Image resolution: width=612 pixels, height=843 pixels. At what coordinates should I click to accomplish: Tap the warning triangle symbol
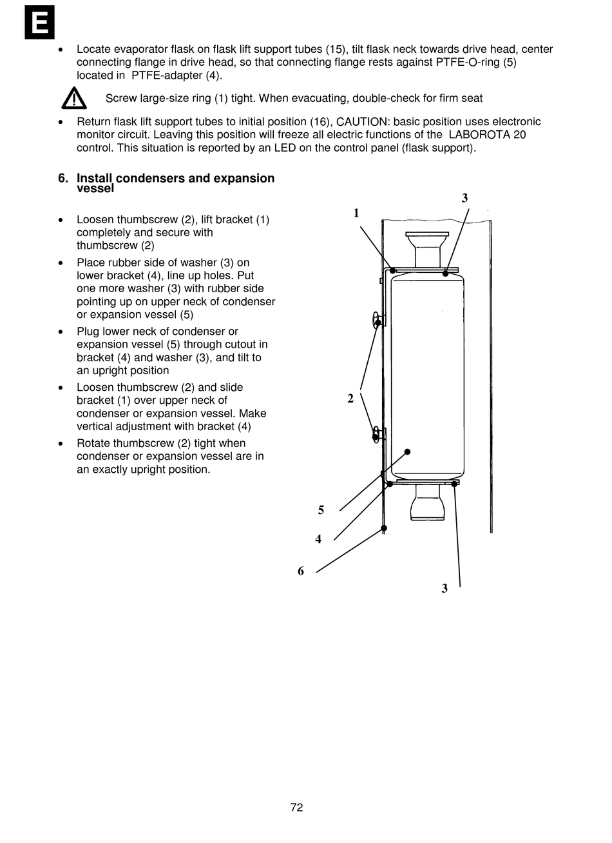pyautogui.click(x=74, y=98)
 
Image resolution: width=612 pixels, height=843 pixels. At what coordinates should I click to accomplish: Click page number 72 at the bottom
pyautogui.click(x=296, y=808)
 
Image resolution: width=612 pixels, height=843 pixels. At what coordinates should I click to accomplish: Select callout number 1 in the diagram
pyautogui.click(x=356, y=213)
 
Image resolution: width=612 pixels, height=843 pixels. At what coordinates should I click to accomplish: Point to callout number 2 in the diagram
pyautogui.click(x=350, y=399)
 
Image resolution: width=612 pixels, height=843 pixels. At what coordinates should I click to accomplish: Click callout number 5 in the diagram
pyautogui.click(x=321, y=510)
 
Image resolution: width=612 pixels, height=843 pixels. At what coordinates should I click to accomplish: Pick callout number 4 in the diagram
pyautogui.click(x=318, y=539)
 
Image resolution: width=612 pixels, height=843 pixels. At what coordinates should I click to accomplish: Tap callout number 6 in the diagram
pyautogui.click(x=301, y=571)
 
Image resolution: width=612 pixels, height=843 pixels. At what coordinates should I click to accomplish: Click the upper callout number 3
pyautogui.click(x=464, y=199)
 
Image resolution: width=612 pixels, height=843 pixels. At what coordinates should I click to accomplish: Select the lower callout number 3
pyautogui.click(x=445, y=588)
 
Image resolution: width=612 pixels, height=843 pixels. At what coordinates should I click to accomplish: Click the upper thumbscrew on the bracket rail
pyautogui.click(x=377, y=321)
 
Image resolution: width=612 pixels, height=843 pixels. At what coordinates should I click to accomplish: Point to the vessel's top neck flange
pyautogui.click(x=426, y=235)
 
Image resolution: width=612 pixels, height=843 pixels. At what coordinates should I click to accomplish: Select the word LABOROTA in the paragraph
pyautogui.click(x=476, y=135)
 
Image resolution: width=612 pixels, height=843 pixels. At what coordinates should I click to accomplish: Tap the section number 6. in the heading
pyautogui.click(x=63, y=178)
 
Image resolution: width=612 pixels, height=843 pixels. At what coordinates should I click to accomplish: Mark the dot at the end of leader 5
pyautogui.click(x=408, y=451)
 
